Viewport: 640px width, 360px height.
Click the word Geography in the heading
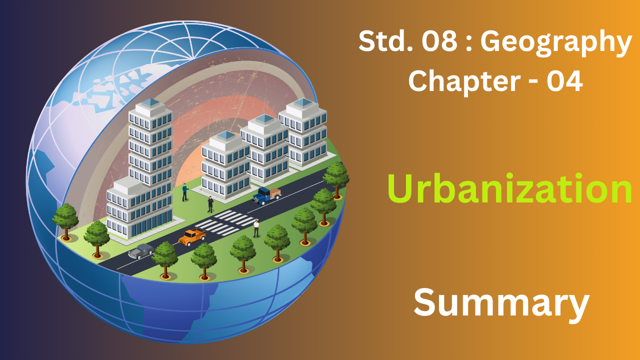click(556, 43)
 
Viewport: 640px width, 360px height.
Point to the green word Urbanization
click(509, 188)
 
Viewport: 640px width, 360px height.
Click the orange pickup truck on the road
click(192, 237)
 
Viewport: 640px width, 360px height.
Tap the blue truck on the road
click(266, 195)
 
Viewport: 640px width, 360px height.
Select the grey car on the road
click(141, 251)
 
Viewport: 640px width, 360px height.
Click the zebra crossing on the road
click(226, 222)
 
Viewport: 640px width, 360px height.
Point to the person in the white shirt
click(256, 228)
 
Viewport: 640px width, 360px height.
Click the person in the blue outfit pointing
click(185, 192)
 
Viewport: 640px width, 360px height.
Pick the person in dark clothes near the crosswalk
click(210, 204)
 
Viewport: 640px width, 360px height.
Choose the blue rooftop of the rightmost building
click(303, 102)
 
